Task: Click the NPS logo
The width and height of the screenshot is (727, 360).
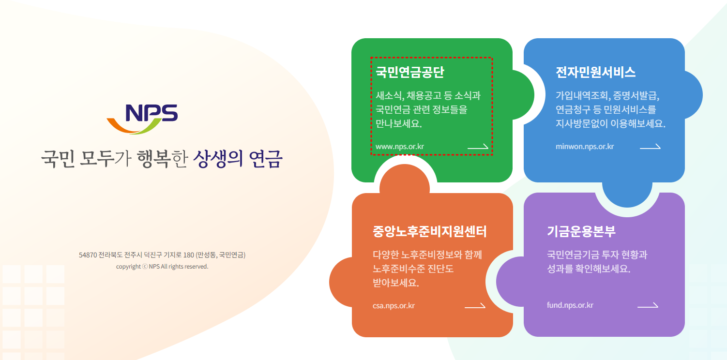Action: click(x=142, y=119)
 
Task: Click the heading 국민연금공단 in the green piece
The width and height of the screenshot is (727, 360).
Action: click(x=409, y=72)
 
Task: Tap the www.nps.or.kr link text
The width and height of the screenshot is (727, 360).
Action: click(x=399, y=147)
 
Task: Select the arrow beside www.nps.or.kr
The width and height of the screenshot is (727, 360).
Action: click(x=478, y=147)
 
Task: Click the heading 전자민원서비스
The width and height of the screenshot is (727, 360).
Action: click(x=595, y=72)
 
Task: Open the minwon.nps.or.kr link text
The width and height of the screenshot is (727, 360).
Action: click(x=585, y=147)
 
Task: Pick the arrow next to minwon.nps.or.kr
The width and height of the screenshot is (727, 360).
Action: click(x=650, y=147)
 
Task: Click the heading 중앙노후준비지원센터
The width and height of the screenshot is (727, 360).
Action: click(x=430, y=231)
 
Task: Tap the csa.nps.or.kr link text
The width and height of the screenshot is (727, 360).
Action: click(x=394, y=306)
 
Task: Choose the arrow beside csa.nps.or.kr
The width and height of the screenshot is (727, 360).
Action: click(x=475, y=306)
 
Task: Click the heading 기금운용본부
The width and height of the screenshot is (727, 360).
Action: click(x=581, y=231)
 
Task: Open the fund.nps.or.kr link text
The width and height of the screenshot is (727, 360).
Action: click(x=570, y=305)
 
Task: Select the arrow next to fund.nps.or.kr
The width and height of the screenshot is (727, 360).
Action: click(x=648, y=305)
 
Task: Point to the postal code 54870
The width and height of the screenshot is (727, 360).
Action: click(x=88, y=255)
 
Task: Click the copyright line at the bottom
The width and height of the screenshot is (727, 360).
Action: click(x=162, y=267)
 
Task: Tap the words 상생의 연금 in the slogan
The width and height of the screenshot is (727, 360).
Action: click(x=238, y=159)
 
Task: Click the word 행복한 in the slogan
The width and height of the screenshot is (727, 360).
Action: click(x=162, y=159)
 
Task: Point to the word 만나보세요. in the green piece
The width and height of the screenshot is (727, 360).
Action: click(x=398, y=124)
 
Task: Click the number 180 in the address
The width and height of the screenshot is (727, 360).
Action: click(x=189, y=255)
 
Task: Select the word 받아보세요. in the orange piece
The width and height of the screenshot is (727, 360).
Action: click(x=395, y=283)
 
